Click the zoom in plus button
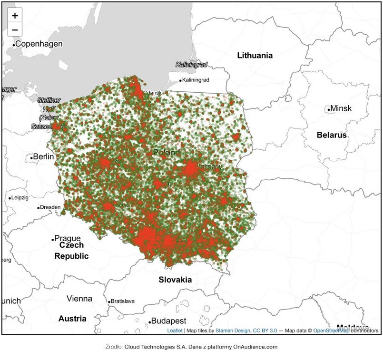pyautogui.click(x=15, y=16)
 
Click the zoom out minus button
pyautogui.click(x=15, y=30)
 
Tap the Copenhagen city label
pyautogui.click(x=39, y=44)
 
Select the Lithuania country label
pyautogui.click(x=255, y=55)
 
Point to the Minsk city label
pyautogui.click(x=341, y=108)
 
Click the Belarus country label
pyautogui.click(x=332, y=135)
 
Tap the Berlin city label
pyautogui.click(x=43, y=156)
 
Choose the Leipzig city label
pyautogui.click(x=20, y=197)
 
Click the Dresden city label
pyautogui.click(x=50, y=207)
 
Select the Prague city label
pyautogui.click(x=67, y=238)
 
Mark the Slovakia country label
pyautogui.click(x=175, y=280)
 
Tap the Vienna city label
pyautogui.click(x=79, y=299)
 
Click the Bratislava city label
pyautogui.click(x=122, y=301)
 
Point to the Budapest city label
pyautogui.click(x=168, y=321)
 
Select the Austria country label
pyautogui.click(x=72, y=319)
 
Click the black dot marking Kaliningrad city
pyautogui.click(x=180, y=80)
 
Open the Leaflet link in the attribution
pyautogui.click(x=175, y=331)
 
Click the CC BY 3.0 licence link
pyautogui.click(x=265, y=331)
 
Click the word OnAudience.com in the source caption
pyautogui.click(x=255, y=347)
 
